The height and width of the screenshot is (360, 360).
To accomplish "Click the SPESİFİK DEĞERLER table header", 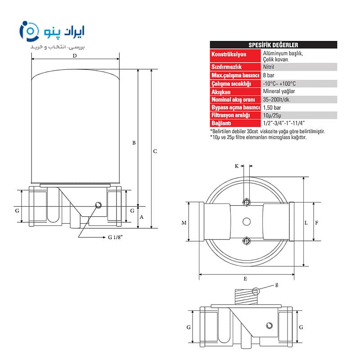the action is [x=273, y=45].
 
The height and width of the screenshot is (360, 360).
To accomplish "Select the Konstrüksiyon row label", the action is [x=229, y=54].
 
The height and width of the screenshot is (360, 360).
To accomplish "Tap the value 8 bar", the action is [x=268, y=75].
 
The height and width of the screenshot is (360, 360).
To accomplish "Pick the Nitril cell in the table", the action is [x=268, y=67].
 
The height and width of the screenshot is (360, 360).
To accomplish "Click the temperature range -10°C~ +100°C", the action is [x=279, y=84].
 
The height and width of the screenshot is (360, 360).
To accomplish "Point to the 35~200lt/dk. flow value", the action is [x=277, y=99].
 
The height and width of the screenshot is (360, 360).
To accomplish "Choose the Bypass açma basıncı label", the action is [x=235, y=108].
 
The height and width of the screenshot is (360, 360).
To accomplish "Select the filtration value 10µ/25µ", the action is [x=272, y=115].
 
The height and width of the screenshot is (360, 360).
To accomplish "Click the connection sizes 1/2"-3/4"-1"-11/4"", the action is [x=284, y=123].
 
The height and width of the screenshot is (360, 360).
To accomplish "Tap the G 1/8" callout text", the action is [x=115, y=237].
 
